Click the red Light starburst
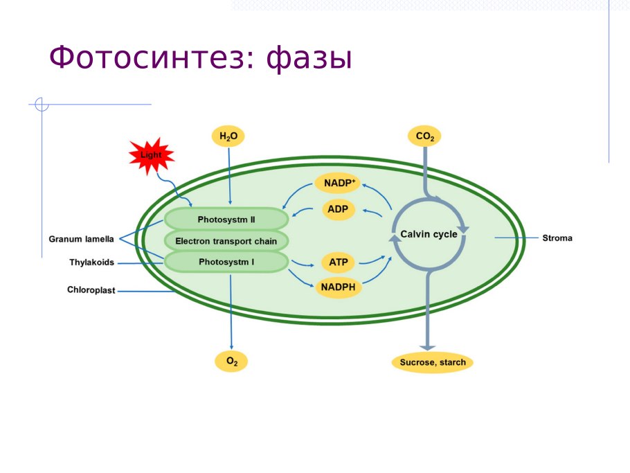point(150,155)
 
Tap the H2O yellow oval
point(228,136)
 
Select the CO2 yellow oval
point(425,136)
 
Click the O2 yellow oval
point(231,362)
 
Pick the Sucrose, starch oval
point(433,362)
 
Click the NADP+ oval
point(339,184)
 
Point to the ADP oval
point(339,209)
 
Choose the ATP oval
point(339,262)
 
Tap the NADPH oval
point(339,287)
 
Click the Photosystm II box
point(226,220)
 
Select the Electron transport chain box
point(226,241)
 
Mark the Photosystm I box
point(226,262)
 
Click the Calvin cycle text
point(429,234)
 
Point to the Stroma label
point(557,238)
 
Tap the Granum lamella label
point(81,239)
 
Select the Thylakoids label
point(91,262)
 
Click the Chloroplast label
point(91,290)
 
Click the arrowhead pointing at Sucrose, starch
point(428,346)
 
